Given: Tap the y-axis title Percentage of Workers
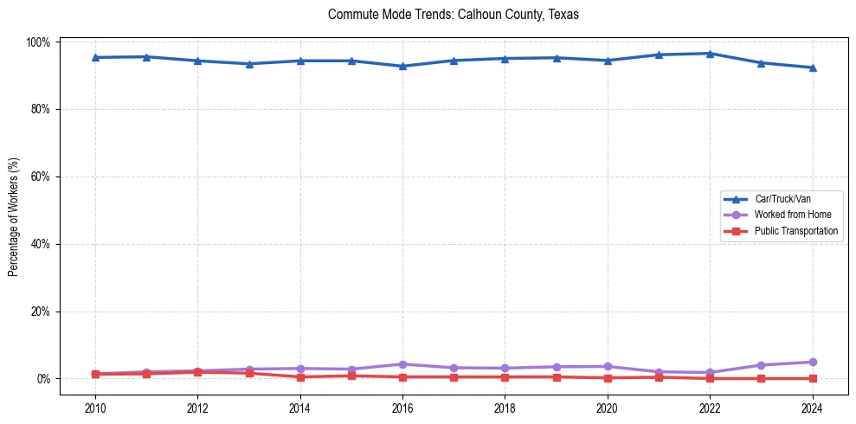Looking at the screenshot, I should pos(14,210).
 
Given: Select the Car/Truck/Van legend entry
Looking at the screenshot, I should pos(782,199).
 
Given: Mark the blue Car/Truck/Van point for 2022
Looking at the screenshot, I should pos(710,54).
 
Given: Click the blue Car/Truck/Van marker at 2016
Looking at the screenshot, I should pos(402,66).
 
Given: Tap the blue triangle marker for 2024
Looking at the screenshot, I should pos(812,67).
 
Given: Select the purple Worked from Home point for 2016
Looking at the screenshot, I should pos(402,364).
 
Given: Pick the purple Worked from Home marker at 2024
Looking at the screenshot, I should pos(812,362).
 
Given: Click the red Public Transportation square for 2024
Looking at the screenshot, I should pos(812,378).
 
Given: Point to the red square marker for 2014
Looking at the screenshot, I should pos(300,376).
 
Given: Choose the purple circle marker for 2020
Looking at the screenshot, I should pos(608,366).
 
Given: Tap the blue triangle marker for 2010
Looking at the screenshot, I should pos(95,57).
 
